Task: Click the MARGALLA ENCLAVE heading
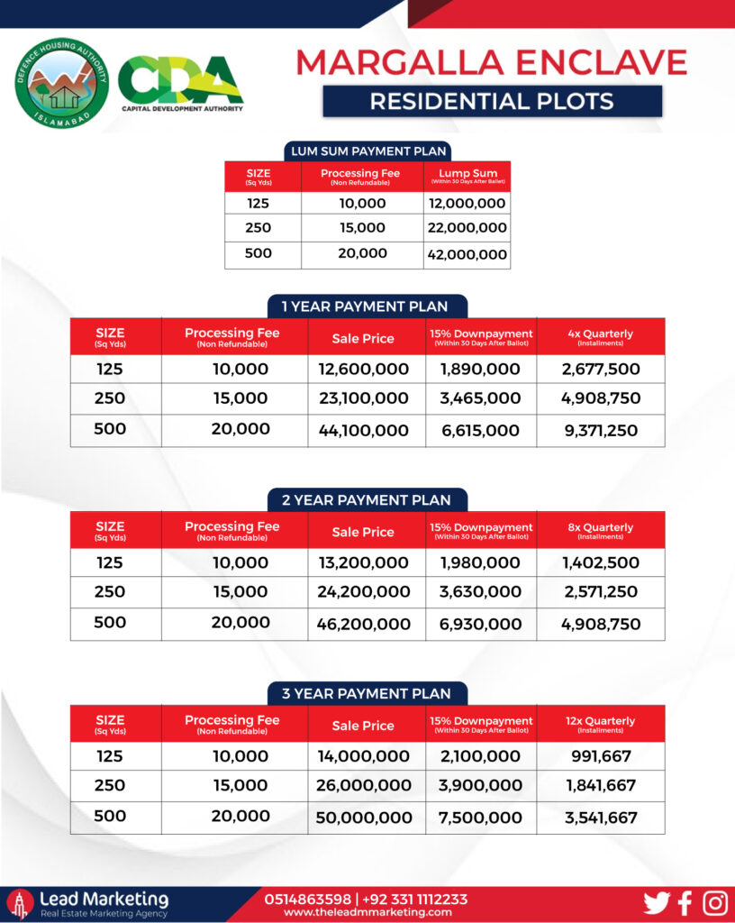492,61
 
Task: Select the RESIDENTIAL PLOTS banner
492,101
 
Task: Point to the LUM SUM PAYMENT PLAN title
367,151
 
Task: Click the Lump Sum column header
467,176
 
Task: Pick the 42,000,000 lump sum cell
467,254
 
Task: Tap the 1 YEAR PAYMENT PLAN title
367,306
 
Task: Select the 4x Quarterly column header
600,336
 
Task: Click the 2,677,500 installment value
600,369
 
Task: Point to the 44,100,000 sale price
364,431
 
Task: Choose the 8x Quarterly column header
600,530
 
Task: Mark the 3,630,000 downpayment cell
481,592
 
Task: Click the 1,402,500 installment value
600,562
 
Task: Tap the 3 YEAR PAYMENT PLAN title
367,693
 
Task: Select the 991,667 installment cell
601,756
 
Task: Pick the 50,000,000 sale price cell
364,818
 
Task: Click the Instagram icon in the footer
715,903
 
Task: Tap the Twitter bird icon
657,903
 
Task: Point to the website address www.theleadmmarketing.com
367,912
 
